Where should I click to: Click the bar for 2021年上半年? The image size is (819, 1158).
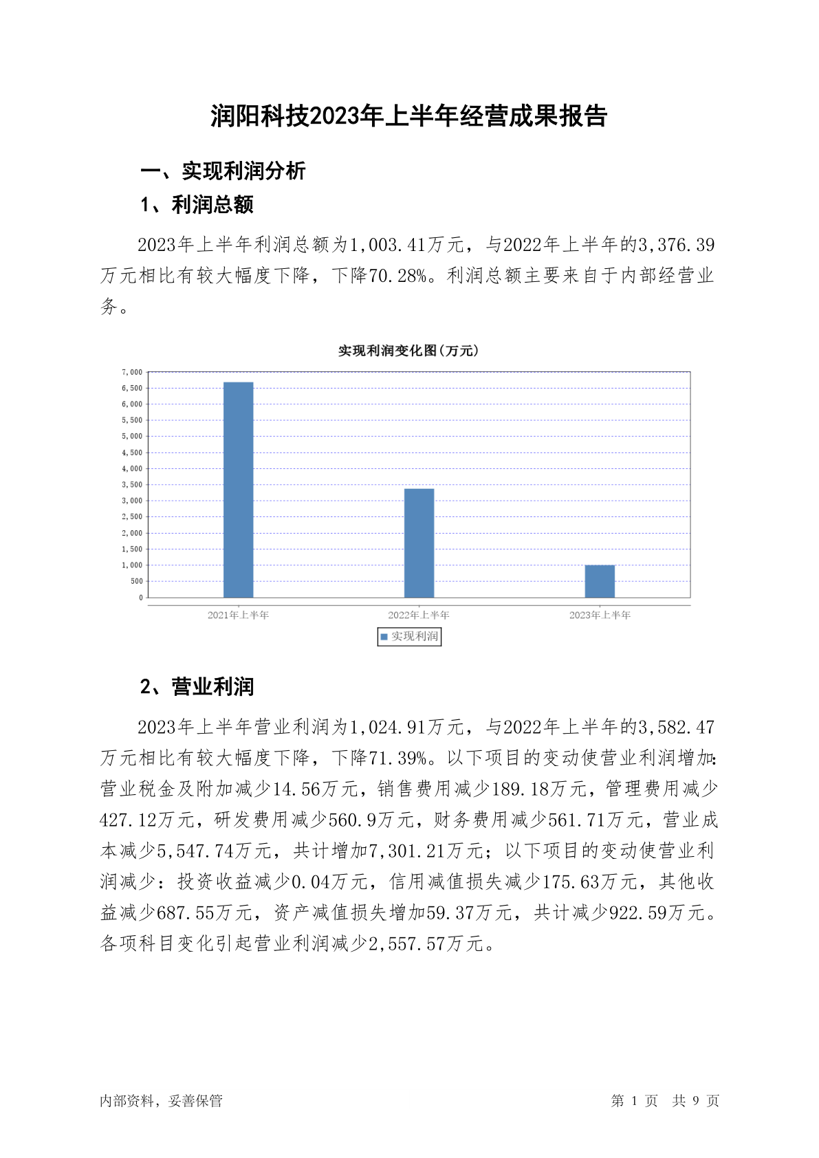[238, 490]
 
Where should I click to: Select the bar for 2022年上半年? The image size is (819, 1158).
[419, 543]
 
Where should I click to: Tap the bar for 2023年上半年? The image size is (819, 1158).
[600, 581]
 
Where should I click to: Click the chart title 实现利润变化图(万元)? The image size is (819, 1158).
[408, 351]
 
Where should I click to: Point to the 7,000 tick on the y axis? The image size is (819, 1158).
[132, 372]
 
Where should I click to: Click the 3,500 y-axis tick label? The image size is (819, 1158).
[132, 485]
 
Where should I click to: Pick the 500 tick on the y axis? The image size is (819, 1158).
[136, 581]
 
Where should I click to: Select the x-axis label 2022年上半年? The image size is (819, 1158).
[419, 615]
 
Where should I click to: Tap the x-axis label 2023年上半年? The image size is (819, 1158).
[600, 615]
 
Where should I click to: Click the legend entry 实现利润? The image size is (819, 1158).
[410, 637]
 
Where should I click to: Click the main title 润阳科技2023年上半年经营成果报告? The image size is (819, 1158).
[409, 116]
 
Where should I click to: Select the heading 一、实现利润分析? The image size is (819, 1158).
[223, 171]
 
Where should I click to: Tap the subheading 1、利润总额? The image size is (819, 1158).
[197, 205]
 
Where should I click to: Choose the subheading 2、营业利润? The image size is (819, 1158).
[197, 686]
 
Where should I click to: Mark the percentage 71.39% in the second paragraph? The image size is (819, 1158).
[399, 758]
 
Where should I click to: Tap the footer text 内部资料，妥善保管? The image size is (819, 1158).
[161, 1101]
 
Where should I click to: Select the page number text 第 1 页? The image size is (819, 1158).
[634, 1101]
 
